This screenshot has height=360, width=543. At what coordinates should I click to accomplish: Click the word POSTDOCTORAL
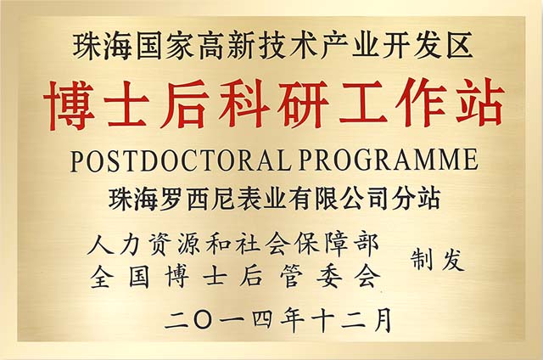[180, 160]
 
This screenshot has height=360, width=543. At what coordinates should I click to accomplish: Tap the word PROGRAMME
[389, 160]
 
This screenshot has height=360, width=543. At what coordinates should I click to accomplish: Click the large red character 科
[244, 104]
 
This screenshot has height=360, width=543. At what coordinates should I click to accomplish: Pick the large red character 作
[421, 104]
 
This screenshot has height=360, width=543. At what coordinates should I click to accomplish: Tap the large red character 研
[303, 104]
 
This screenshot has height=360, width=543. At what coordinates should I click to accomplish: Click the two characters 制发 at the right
[438, 260]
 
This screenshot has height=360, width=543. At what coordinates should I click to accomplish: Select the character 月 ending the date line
[381, 319]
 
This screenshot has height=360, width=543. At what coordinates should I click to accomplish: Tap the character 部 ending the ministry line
[368, 245]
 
